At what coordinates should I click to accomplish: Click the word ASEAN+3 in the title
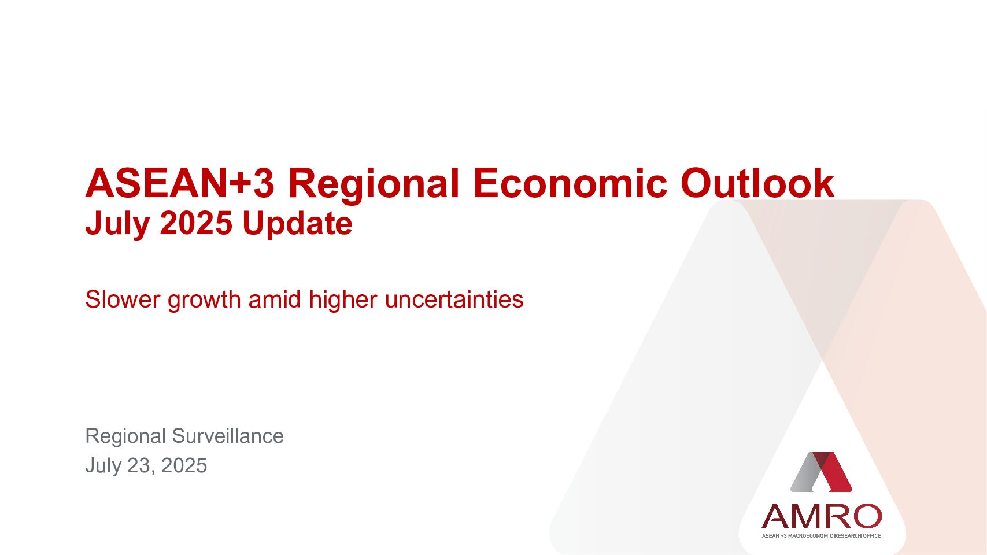click(x=180, y=183)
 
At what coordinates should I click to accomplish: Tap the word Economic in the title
click(x=570, y=183)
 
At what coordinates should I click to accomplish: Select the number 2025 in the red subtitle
click(x=196, y=223)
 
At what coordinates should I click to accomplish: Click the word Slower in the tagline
click(x=123, y=299)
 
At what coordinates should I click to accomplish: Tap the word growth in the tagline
click(x=204, y=301)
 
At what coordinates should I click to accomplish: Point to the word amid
click(x=275, y=299)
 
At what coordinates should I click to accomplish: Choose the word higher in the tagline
click(x=343, y=301)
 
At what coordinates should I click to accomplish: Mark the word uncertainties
click(x=454, y=299)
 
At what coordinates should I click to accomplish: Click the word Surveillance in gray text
click(x=228, y=436)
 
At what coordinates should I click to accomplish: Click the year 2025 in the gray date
click(x=184, y=465)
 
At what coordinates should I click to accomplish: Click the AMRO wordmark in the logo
click(x=822, y=516)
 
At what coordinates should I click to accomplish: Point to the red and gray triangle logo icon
click(x=821, y=472)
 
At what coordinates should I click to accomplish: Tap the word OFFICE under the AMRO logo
click(x=873, y=535)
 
